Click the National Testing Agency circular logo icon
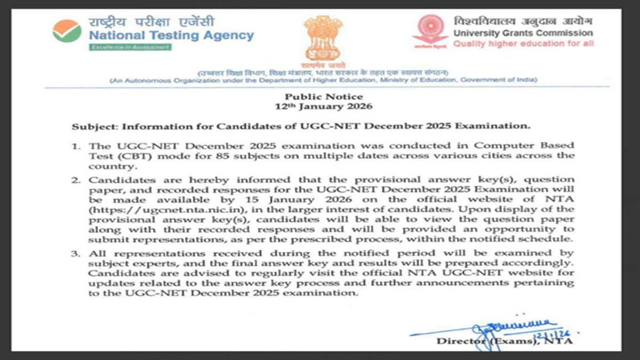tap(67, 31)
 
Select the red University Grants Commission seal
tap(430, 31)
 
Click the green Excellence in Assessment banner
tap(130, 47)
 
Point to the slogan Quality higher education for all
tap(523, 44)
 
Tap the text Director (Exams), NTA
tap(505, 341)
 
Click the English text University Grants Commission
tap(523, 33)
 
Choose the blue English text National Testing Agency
tap(171, 36)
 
